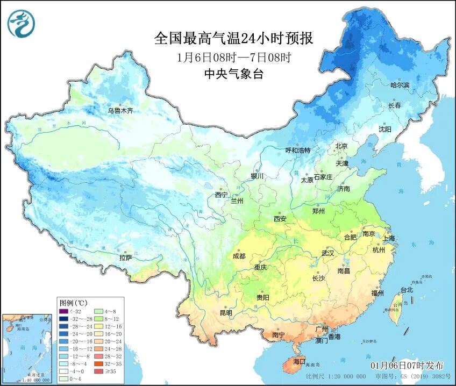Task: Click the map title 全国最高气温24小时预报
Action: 233,39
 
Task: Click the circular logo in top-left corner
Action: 21,24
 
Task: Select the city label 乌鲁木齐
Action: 120,111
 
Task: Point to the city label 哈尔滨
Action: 400,85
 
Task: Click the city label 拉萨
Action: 126,258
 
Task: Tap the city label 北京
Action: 341,146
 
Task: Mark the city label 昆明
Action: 226,312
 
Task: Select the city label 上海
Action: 388,238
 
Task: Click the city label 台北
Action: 407,290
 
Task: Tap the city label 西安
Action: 280,218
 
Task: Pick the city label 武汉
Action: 327,253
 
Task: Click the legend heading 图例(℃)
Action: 70,303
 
